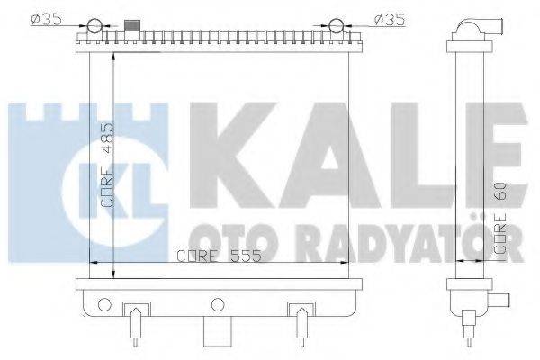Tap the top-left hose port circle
point(97,24)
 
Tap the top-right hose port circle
point(337,24)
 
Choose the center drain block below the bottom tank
point(216,332)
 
